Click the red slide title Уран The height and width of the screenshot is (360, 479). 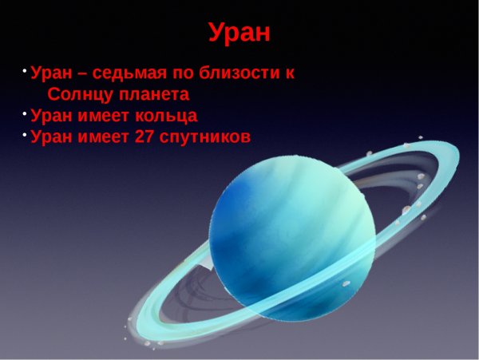[x=239, y=33]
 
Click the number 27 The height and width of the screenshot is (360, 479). [x=145, y=136]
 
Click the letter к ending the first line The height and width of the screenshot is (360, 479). [x=290, y=74]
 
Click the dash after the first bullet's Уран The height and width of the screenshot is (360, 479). [x=82, y=74]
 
